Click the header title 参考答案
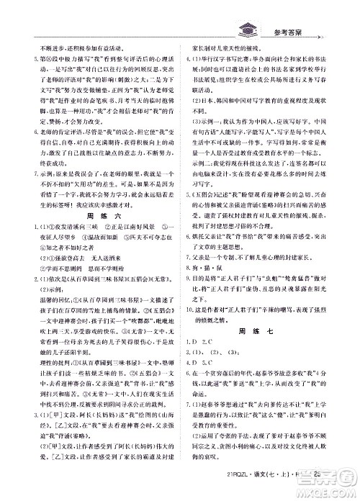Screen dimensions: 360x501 [294, 31]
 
